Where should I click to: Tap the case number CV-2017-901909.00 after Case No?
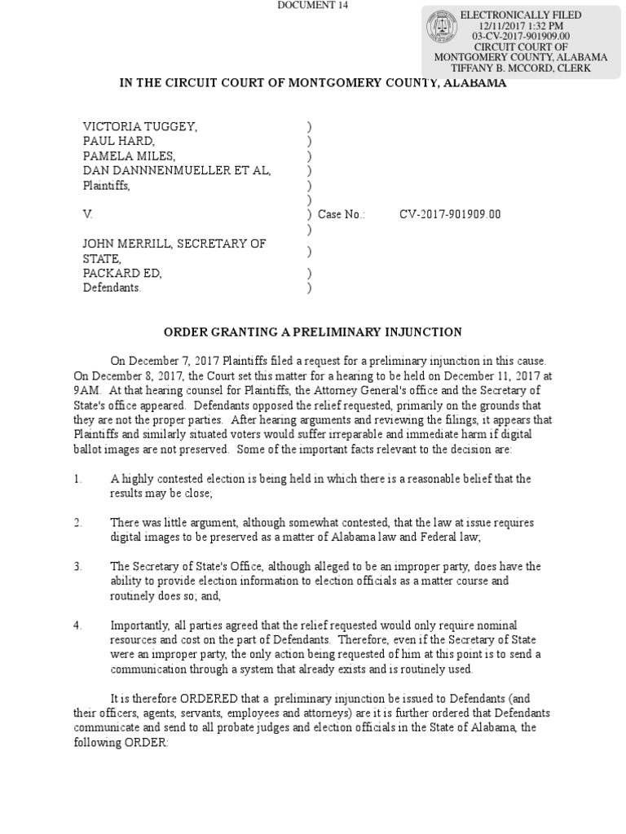(x=450, y=215)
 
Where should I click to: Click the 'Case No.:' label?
(x=342, y=215)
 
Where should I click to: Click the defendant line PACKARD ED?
(x=122, y=274)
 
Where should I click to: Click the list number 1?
(x=77, y=479)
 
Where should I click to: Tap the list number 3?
(x=77, y=567)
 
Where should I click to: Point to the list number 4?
(x=77, y=625)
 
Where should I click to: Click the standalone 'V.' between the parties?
(x=88, y=215)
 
